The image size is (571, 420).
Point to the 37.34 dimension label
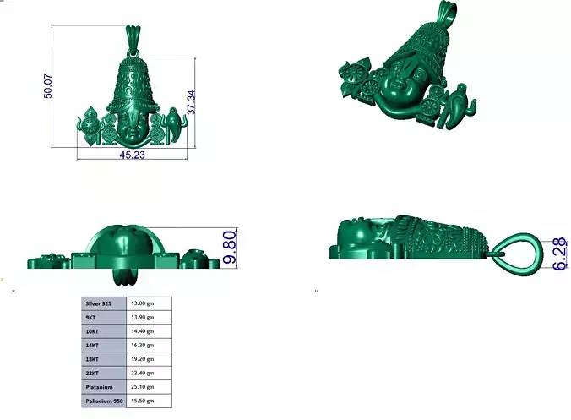(x=193, y=99)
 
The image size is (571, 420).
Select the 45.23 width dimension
(x=132, y=155)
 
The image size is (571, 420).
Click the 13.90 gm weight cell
(x=149, y=316)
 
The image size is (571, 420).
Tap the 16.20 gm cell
(x=149, y=345)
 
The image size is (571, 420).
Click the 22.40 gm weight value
(x=149, y=373)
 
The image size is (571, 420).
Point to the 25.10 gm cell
(x=149, y=386)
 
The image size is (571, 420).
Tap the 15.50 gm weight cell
(x=149, y=400)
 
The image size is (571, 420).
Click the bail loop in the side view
(x=513, y=250)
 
